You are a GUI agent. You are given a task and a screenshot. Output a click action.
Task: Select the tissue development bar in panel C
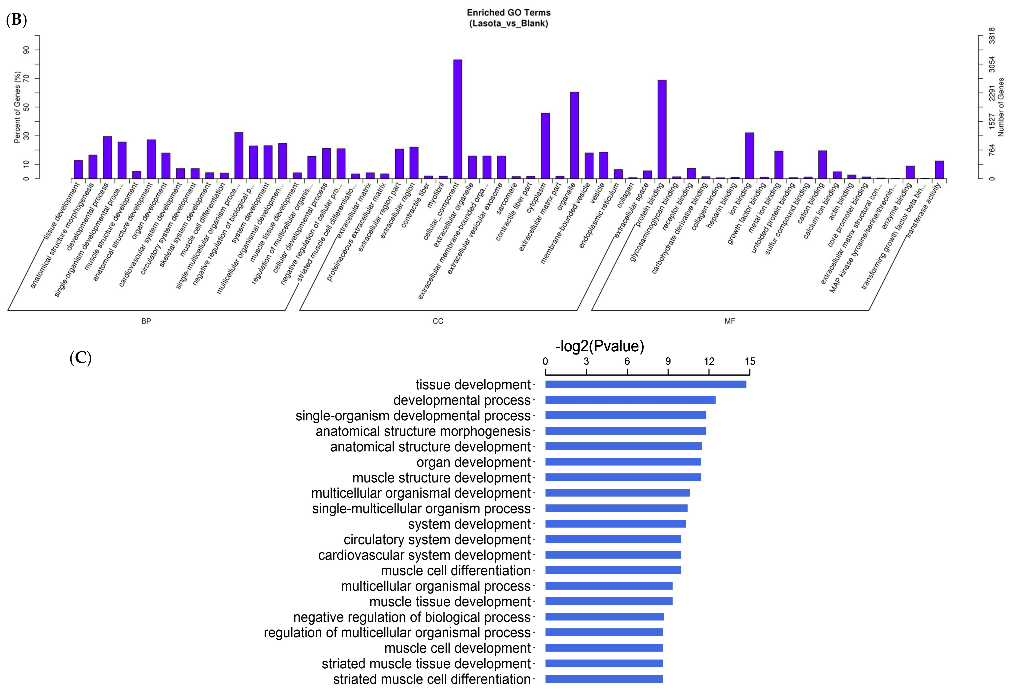pos(646,385)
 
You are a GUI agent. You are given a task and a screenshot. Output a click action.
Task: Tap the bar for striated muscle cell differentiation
pos(604,679)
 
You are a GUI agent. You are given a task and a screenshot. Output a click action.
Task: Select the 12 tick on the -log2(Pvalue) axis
pos(709,362)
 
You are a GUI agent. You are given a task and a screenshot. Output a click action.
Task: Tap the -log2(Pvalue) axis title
pos(599,346)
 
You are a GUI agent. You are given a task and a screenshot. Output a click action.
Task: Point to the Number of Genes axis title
pos(1001,107)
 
